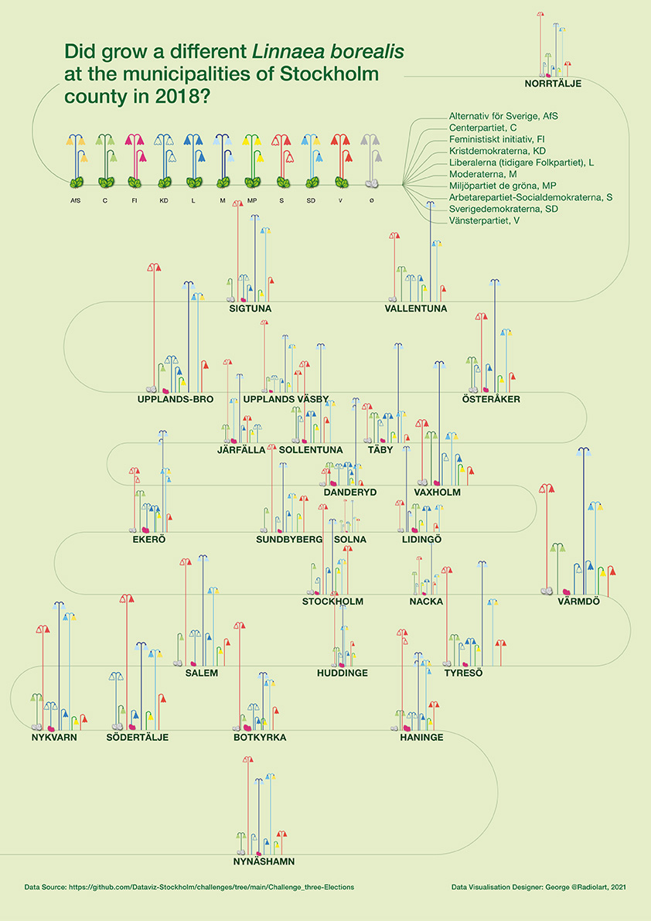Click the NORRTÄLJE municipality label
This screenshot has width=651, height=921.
(x=552, y=83)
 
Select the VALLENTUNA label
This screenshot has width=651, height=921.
(x=415, y=309)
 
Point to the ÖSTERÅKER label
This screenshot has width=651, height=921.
(x=491, y=399)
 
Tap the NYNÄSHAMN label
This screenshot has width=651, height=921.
(x=264, y=861)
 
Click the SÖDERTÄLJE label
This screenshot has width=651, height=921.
(x=137, y=737)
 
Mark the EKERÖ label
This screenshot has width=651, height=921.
(x=149, y=538)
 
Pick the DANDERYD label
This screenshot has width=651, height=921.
(x=349, y=492)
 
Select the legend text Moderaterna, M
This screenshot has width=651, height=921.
(x=482, y=174)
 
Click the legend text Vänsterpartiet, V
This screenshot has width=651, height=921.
(x=484, y=221)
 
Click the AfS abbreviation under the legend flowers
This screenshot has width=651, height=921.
(x=75, y=200)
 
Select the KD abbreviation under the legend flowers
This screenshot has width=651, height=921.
(x=164, y=200)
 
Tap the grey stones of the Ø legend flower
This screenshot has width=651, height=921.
(x=372, y=183)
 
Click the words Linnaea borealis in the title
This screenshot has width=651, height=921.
(x=328, y=53)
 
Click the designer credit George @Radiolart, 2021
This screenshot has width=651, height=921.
(x=571, y=887)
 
